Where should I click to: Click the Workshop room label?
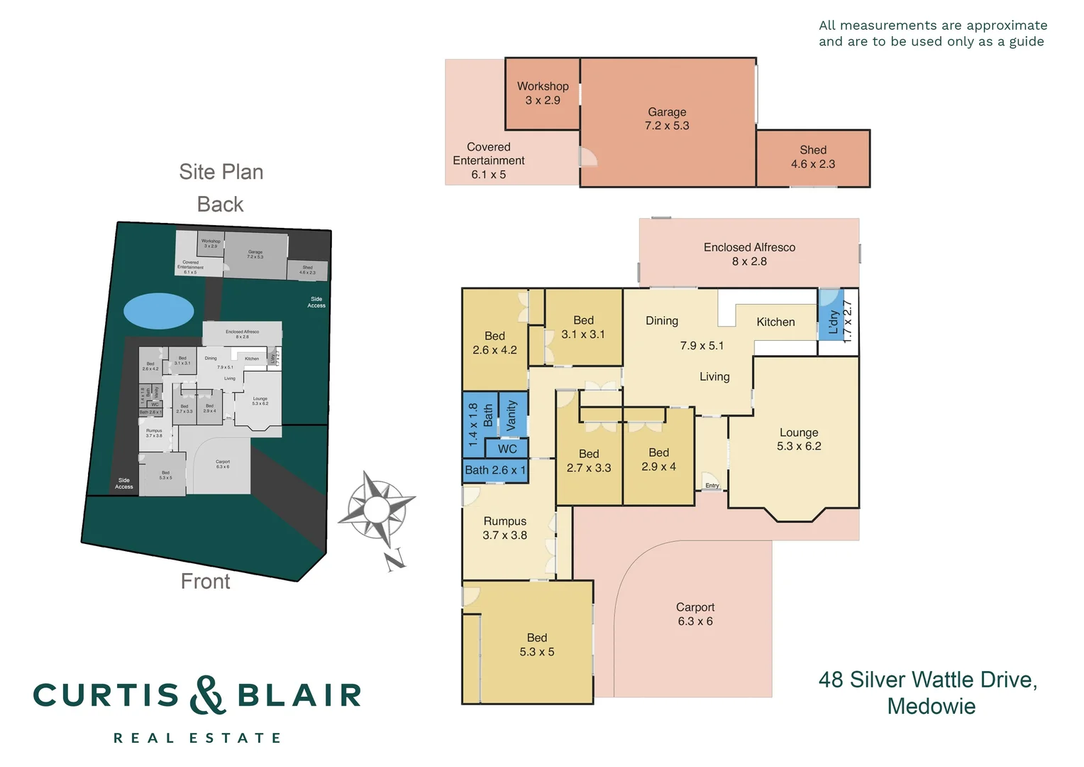tap(543, 87)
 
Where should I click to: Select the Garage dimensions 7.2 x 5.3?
tap(667, 126)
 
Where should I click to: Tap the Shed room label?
tap(813, 150)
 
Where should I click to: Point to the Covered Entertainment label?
tap(489, 154)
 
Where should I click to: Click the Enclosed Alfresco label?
tap(749, 247)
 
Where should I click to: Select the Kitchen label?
tap(775, 322)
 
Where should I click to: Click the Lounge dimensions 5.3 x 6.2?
tap(799, 447)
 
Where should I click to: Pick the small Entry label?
tap(712, 486)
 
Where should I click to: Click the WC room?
tap(507, 449)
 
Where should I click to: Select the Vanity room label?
tap(512, 415)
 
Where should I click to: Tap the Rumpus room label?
tap(505, 521)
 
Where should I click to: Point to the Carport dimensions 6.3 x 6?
tap(695, 621)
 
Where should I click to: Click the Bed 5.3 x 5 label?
tap(537, 645)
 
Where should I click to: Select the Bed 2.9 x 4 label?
tap(658, 459)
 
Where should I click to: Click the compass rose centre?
tap(376, 508)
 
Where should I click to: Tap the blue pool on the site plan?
tap(159, 311)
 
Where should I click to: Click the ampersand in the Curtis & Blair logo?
tap(207, 695)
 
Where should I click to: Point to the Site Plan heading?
tap(221, 172)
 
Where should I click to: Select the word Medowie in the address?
tap(931, 707)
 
